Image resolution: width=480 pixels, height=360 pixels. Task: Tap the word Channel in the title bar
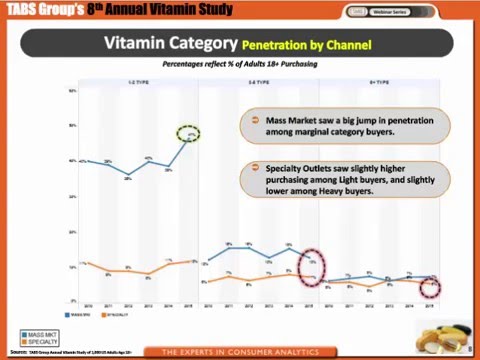point(347,45)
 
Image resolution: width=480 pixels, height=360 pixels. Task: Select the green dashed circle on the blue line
point(190,134)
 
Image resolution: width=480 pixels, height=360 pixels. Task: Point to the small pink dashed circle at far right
point(430,288)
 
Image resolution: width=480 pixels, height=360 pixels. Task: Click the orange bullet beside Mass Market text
point(255,121)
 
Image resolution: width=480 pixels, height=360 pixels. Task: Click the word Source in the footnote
point(17,352)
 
